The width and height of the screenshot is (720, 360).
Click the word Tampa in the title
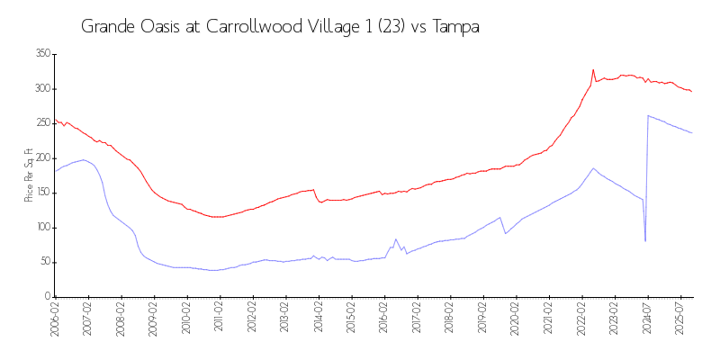(x=456, y=27)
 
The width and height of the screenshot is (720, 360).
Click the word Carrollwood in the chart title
(x=254, y=27)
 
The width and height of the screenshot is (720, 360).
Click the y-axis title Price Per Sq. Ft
(x=29, y=175)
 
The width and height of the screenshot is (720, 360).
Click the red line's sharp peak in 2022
(x=593, y=69)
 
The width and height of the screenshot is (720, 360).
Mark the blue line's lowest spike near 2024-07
(x=645, y=241)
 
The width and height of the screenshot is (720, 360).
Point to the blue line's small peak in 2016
(x=396, y=239)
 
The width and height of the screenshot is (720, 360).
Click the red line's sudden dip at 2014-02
(x=321, y=202)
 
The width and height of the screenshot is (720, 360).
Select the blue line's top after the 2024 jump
(x=648, y=115)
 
